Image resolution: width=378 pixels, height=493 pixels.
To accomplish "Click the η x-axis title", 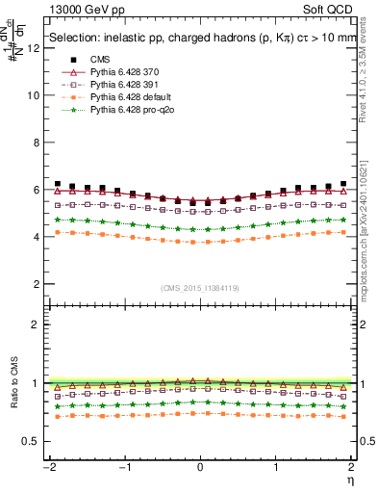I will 352,480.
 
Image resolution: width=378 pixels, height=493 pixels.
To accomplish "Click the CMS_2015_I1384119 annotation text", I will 200,289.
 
